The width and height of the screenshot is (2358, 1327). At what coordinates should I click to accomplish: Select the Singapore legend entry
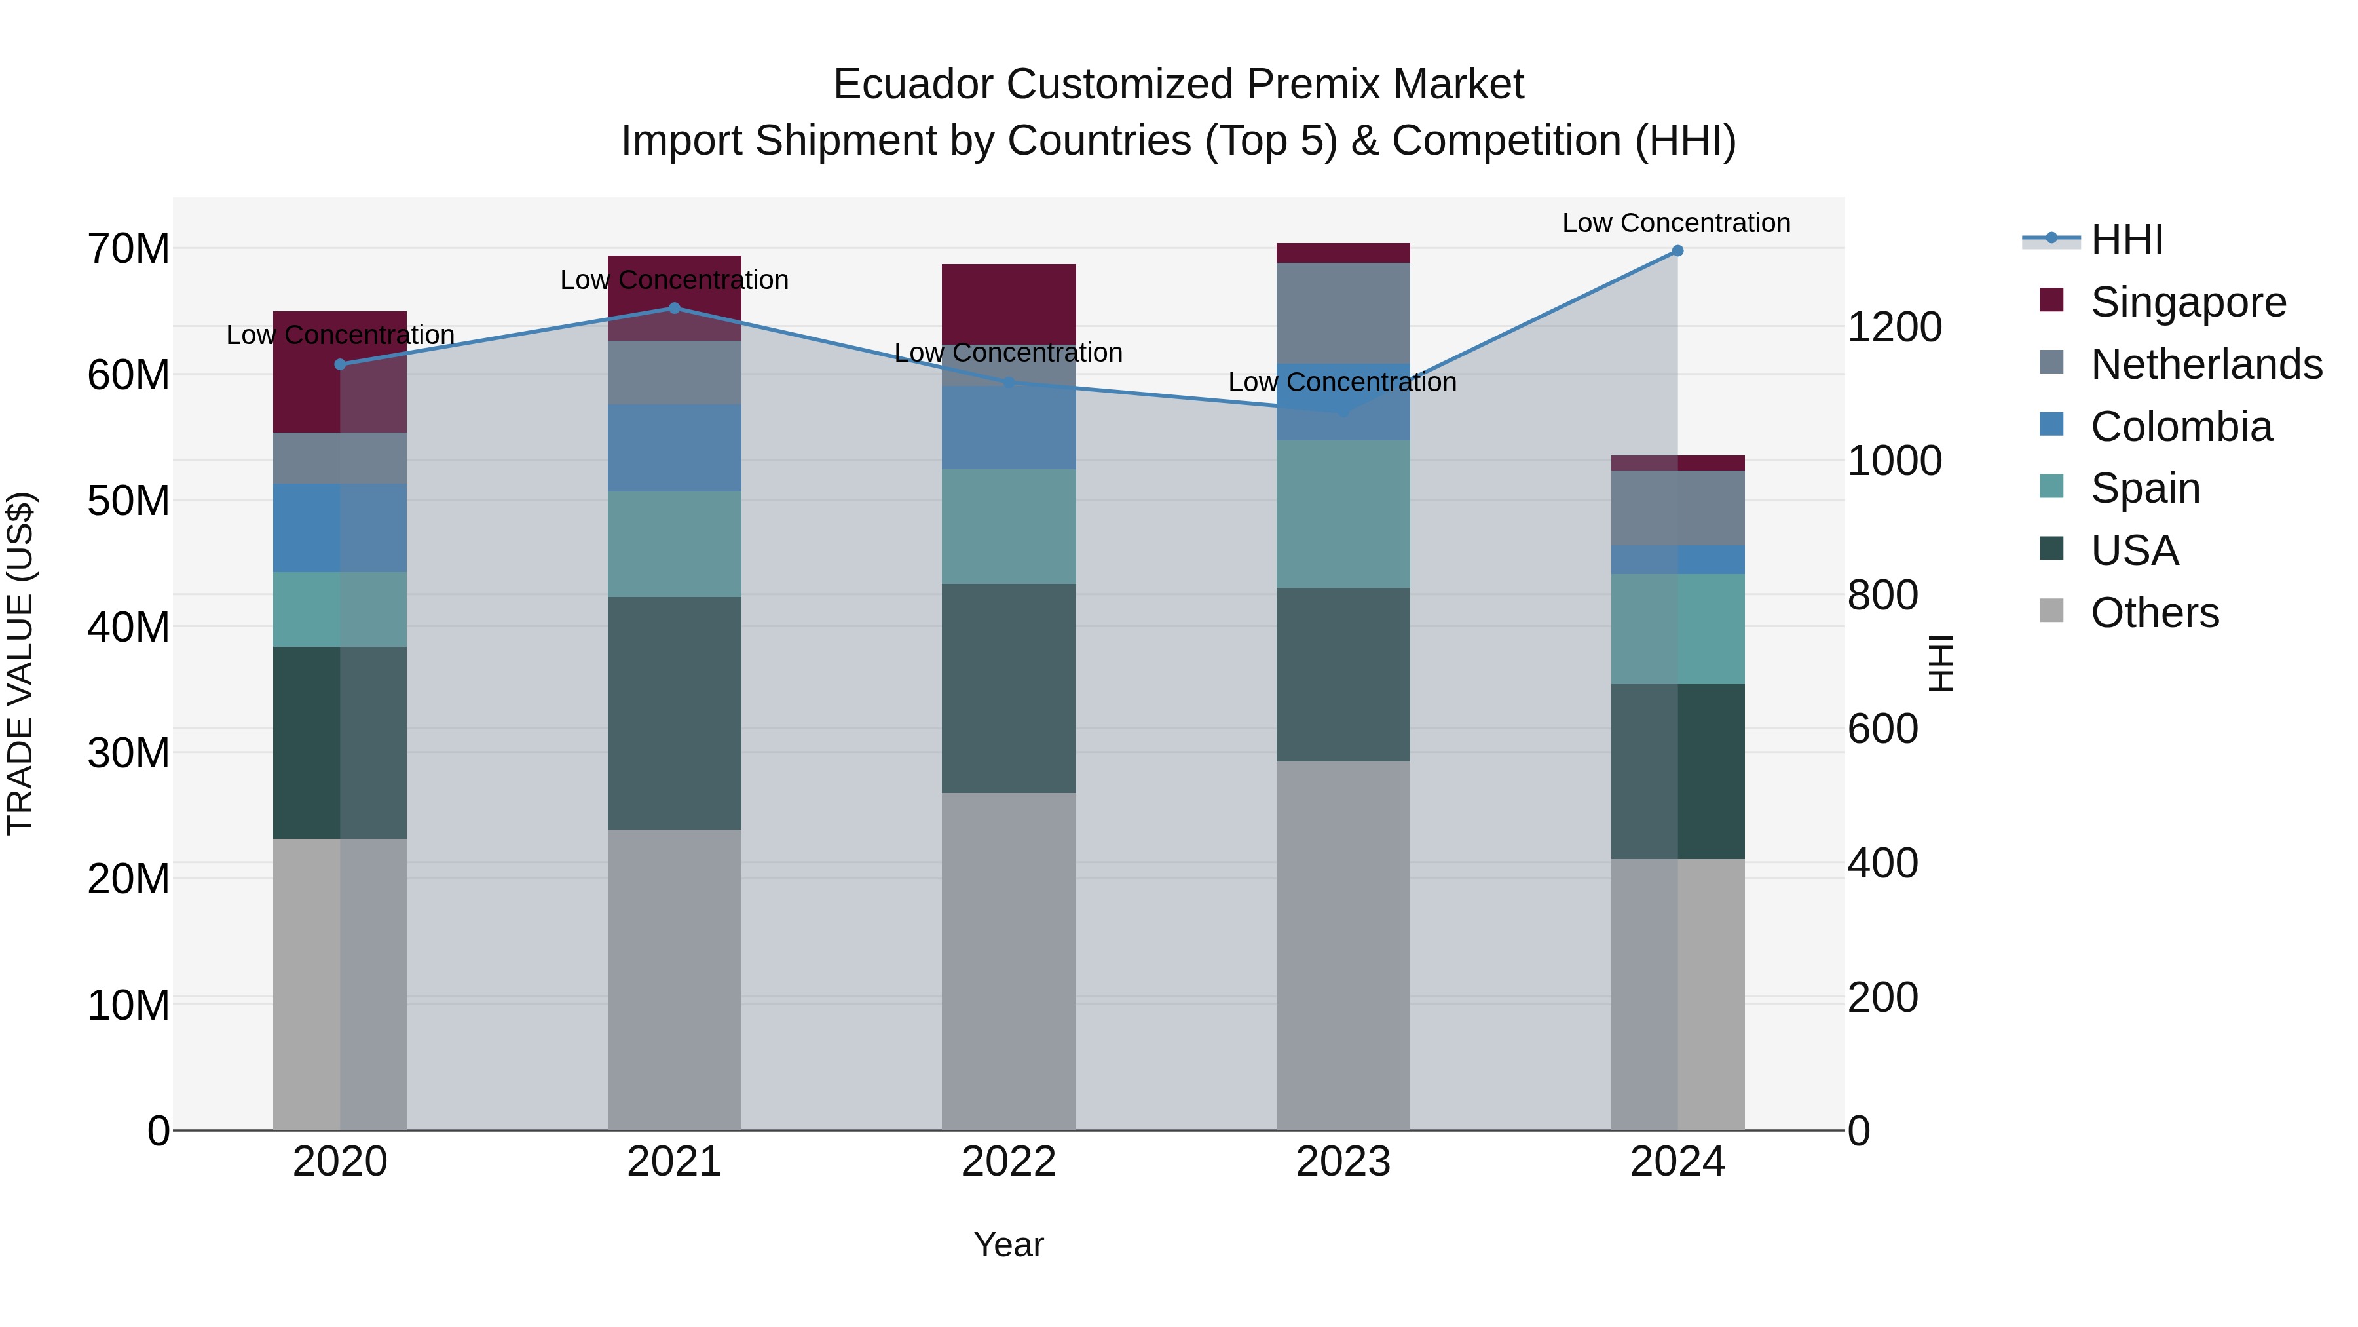coord(2188,301)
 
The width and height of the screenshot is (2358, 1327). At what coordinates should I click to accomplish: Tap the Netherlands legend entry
coord(2206,364)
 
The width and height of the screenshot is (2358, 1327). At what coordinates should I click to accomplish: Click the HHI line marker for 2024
coord(1677,250)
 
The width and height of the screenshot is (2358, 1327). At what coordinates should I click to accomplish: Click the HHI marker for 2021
coord(675,308)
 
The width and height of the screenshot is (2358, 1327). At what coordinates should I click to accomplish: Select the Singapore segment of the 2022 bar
coord(1009,302)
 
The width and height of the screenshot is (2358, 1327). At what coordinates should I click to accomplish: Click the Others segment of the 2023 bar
coord(1343,943)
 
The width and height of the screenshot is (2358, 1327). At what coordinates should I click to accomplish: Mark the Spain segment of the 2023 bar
coord(1343,513)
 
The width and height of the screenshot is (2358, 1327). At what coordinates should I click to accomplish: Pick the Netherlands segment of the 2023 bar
coord(1343,311)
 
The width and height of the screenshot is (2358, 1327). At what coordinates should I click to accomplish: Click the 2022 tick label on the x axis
coord(1009,1162)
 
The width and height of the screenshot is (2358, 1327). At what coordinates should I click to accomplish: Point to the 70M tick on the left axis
coord(128,249)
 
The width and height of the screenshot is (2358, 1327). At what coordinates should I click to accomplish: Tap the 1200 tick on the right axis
coord(1894,327)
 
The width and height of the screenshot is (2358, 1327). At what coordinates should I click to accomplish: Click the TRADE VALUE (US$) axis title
coord(20,663)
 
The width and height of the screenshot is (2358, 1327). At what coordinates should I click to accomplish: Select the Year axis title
coord(1009,1244)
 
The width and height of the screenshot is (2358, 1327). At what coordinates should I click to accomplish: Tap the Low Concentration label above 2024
coord(1676,223)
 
